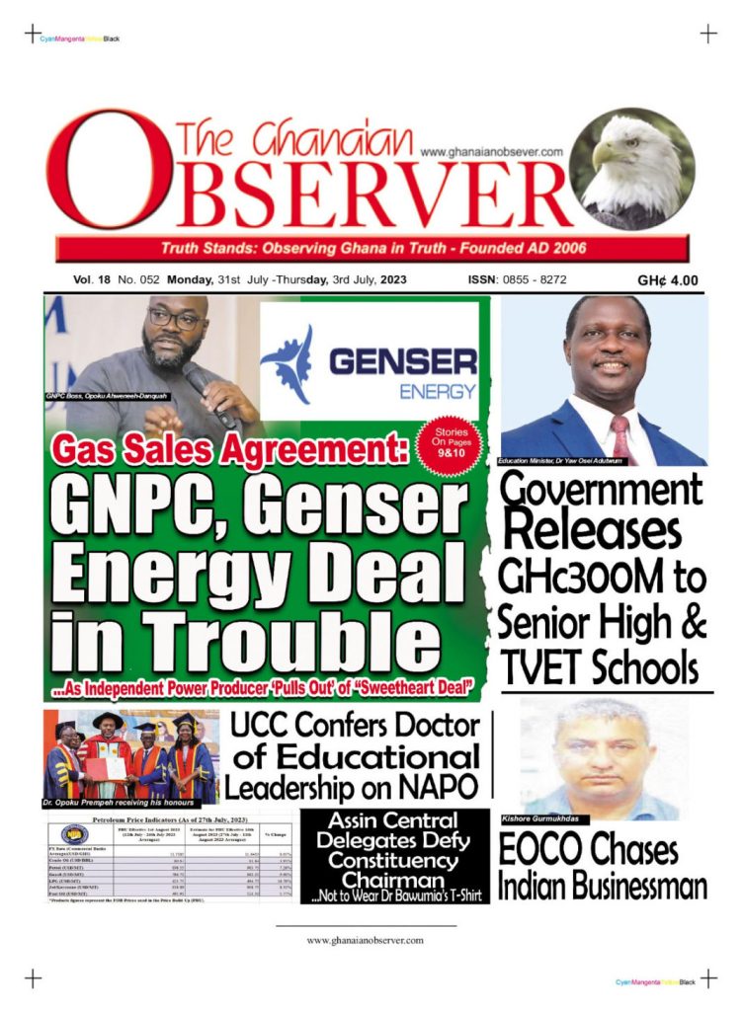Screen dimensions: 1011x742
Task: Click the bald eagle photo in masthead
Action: click(632, 170)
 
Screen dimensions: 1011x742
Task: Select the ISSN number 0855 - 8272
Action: click(533, 280)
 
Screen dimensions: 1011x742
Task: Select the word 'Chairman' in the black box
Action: click(393, 879)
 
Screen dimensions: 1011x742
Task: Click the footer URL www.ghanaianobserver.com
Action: click(365, 941)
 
